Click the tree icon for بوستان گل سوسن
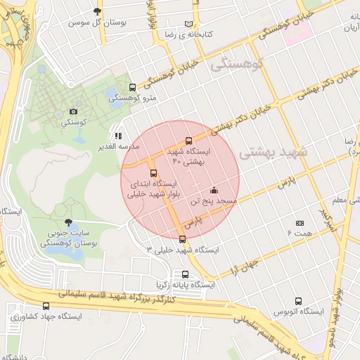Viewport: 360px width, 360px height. [97, 11]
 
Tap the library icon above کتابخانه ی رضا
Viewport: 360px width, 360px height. [188, 23]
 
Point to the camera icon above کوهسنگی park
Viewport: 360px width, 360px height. [73, 112]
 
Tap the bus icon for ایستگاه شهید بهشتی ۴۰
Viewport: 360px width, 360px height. [188, 141]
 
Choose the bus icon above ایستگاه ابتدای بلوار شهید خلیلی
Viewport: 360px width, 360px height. [153, 174]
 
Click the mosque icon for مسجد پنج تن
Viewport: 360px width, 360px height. [214, 190]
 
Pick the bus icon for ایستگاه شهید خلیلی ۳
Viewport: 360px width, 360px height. [183, 239]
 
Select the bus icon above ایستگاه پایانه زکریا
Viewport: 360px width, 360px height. [185, 275]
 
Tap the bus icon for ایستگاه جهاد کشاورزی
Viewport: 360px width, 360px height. [46, 306]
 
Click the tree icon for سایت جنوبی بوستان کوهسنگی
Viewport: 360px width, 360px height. [67, 221]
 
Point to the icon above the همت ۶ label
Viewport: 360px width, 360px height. [300, 222]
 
